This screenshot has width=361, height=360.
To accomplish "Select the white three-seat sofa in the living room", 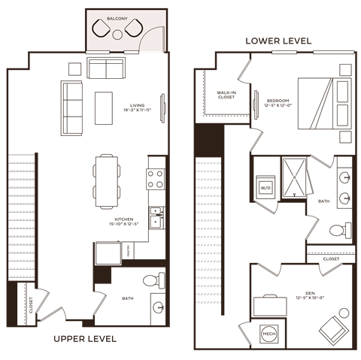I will [73, 107].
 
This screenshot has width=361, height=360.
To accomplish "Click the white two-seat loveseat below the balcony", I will [106, 70].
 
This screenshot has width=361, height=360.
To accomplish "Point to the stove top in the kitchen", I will [156, 179].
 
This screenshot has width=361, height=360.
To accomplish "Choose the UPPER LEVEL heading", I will [85, 339].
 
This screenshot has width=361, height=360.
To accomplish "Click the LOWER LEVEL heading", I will [278, 41].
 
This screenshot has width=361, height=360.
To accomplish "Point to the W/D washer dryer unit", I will [265, 184].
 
